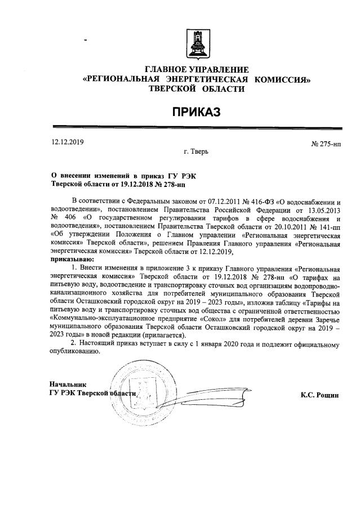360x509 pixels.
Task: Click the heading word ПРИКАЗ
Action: (197, 112)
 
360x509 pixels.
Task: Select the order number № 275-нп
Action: (326, 144)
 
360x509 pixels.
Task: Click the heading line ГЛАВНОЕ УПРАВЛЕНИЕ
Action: (197, 70)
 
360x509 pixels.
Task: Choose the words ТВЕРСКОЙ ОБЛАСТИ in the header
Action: (197, 88)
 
